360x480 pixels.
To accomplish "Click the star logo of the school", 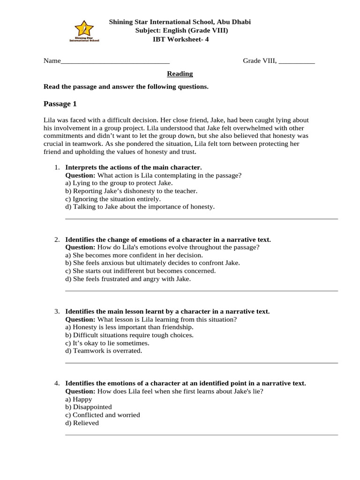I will click(84, 29).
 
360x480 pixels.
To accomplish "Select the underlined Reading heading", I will click(180, 74).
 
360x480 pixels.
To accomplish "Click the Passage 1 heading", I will click(60, 104).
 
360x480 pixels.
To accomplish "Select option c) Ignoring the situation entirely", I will click(113, 199).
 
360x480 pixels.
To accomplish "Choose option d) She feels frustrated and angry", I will click(128, 279).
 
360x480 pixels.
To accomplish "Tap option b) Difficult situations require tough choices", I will click(129, 335).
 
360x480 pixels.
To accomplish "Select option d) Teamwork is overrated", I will click(104, 351).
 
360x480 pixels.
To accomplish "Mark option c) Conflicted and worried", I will click(103, 415).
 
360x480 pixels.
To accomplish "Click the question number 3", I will click(56, 311).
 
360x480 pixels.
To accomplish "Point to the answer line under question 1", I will click(201, 219).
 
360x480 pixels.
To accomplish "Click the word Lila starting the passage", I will click(49, 120).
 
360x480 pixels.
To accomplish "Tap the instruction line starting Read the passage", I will click(126, 87).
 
